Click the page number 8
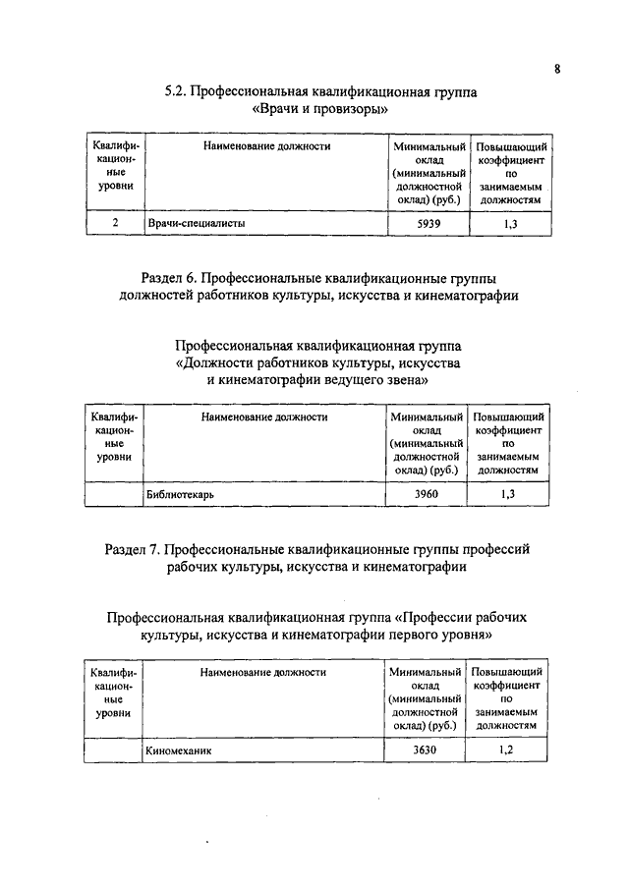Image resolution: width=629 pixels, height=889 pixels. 556,69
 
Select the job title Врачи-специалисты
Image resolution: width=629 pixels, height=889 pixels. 196,224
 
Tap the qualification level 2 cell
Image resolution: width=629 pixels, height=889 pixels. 115,224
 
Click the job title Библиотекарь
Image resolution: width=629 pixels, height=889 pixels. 181,494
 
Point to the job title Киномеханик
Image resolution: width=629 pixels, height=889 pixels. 179,750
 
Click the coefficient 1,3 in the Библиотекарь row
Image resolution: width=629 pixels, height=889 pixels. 507,494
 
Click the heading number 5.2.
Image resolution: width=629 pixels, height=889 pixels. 175,92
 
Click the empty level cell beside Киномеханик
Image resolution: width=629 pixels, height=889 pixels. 112,750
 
